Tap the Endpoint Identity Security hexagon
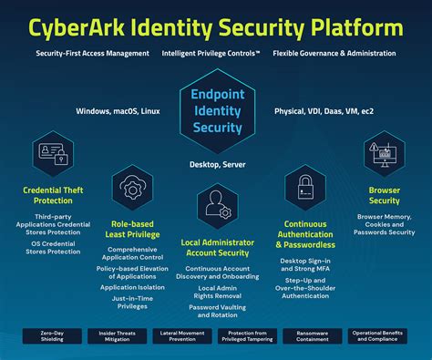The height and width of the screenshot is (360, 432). click(216, 111)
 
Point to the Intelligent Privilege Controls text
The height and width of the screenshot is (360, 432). click(211, 54)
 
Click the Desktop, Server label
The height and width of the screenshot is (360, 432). click(216, 164)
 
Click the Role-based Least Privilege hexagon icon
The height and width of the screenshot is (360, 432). click(131, 189)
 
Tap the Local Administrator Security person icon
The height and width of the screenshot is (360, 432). click(216, 202)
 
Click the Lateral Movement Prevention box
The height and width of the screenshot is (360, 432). click(180, 336)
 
